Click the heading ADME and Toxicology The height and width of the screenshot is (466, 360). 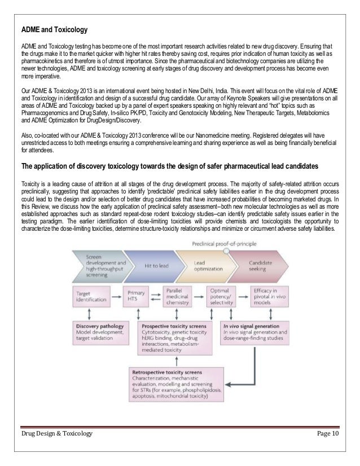pos(54,28)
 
